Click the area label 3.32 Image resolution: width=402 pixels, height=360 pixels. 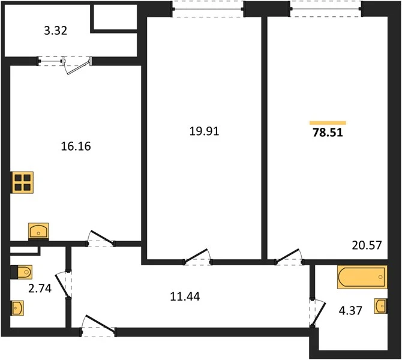(56, 31)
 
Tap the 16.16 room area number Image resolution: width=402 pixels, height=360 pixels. (76, 146)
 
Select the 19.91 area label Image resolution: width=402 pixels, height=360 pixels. (205, 131)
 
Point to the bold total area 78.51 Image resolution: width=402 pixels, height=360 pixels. (328, 133)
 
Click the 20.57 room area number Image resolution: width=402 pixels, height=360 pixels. (367, 245)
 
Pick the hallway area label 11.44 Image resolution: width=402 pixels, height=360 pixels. (185, 296)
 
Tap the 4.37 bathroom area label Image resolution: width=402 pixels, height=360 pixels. (350, 311)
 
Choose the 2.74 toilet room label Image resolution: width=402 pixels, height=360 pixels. (40, 289)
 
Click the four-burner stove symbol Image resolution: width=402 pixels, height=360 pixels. (22, 182)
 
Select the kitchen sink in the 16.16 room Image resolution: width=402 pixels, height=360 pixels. (38, 231)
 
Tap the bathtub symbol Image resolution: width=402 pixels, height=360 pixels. (362, 277)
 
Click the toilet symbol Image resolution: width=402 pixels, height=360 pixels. (22, 272)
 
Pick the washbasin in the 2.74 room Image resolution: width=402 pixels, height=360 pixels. (17, 308)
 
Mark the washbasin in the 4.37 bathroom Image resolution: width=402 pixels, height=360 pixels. (380, 306)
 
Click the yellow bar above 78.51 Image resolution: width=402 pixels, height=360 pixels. (328, 123)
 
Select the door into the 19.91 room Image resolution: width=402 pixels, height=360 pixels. (197, 256)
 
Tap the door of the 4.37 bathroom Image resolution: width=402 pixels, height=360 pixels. (317, 313)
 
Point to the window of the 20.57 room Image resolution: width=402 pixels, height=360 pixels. (326, 9)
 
